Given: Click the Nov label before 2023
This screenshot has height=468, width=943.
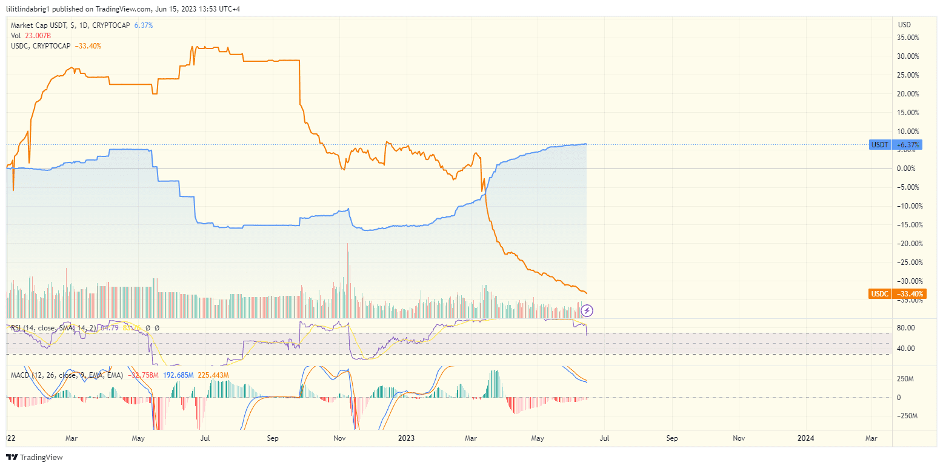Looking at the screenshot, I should click(x=339, y=438).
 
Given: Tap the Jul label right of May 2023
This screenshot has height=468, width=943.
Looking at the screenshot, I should click(x=604, y=438).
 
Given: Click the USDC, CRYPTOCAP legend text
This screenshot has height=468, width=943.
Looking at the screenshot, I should click(x=41, y=45).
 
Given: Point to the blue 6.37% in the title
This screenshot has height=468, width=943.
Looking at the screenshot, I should click(x=143, y=25).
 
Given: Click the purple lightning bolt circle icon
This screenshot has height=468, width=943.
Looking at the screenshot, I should click(x=587, y=311).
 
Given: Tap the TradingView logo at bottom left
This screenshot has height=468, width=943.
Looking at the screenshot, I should click(x=35, y=458).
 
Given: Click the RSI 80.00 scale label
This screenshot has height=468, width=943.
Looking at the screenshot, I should click(x=906, y=328).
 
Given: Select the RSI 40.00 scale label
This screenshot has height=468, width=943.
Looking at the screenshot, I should click(x=906, y=349).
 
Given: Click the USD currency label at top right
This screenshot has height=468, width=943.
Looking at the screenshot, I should click(x=904, y=25).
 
